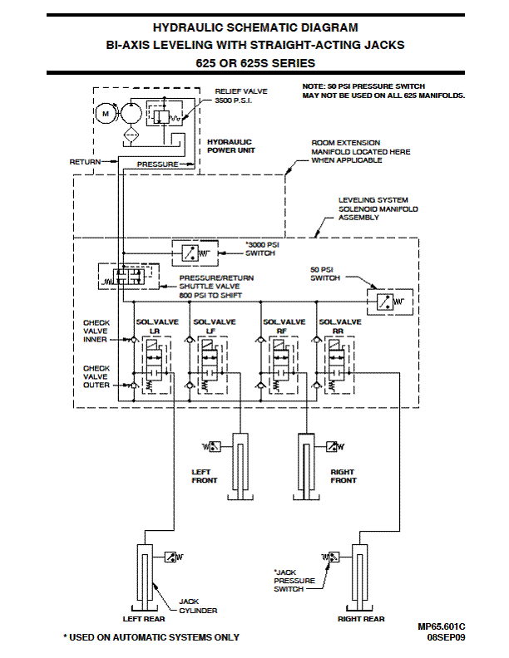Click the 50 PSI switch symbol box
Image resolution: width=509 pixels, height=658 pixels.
(386, 302)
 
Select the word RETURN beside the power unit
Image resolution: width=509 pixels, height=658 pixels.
(85, 162)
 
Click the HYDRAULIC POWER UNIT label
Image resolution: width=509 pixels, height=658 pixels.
(229, 146)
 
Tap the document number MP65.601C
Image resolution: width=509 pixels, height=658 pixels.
(442, 626)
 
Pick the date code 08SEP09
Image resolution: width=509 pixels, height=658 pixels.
(446, 637)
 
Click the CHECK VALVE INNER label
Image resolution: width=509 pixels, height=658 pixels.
(96, 331)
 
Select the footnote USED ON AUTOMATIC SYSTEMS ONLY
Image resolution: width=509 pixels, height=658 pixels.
(151, 637)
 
